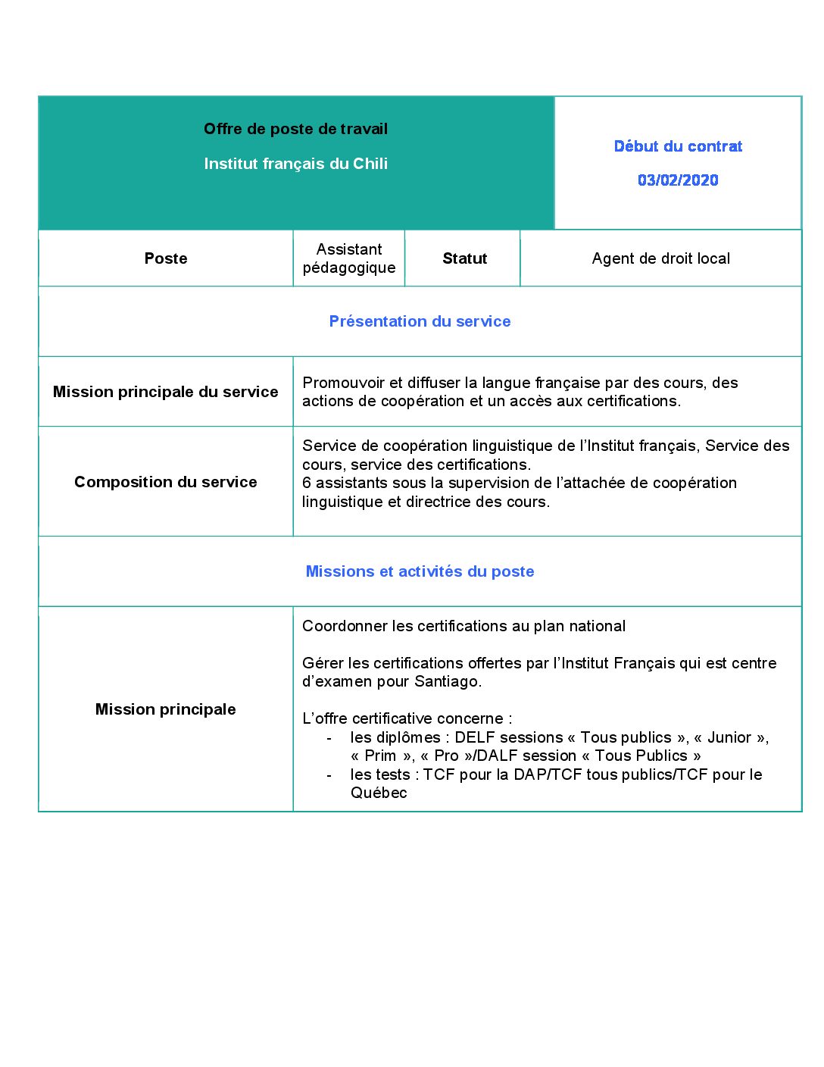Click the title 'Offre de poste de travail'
295,129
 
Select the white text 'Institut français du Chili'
295,164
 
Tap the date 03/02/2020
678,180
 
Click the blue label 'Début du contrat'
678,146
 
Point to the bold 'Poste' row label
166,258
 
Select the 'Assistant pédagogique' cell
349,258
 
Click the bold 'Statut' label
464,258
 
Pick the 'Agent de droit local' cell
660,258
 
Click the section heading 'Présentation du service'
420,321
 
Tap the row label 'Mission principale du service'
166,392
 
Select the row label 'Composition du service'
166,482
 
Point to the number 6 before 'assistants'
307,483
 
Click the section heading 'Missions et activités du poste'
420,571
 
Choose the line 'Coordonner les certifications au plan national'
463,626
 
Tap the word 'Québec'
379,793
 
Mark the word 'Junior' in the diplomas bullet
729,737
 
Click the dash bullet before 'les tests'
329,775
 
